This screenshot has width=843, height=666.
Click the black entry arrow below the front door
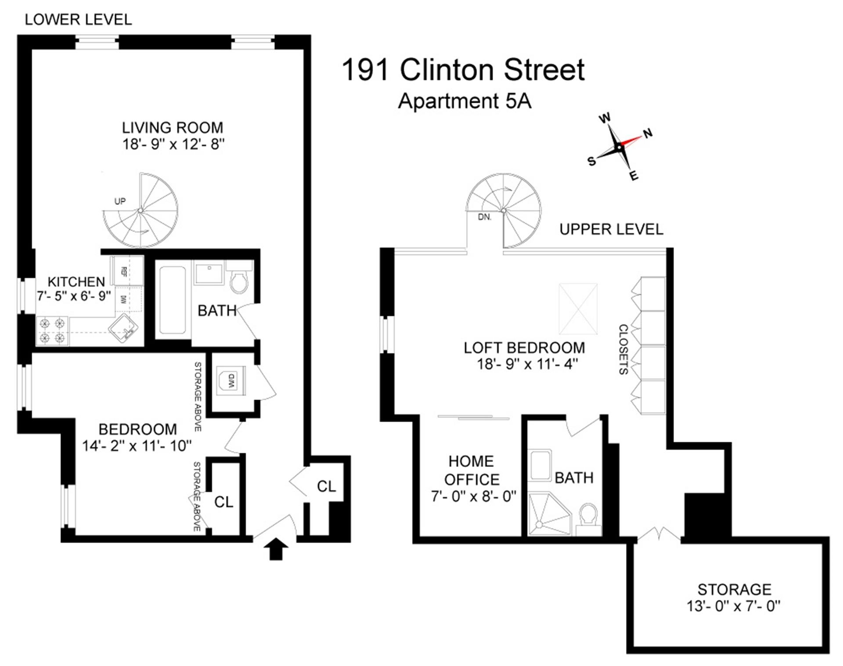[276, 550]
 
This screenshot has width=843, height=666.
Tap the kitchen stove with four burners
[52, 331]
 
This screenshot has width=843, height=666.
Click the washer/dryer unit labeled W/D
[231, 380]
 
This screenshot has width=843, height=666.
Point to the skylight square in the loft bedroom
[578, 309]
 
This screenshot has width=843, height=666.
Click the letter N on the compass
[648, 133]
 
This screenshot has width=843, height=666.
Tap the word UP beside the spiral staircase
[120, 201]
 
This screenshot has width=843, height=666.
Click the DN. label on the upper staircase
[485, 217]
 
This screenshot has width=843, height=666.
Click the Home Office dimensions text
[473, 496]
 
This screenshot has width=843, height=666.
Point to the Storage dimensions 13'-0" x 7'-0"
[734, 606]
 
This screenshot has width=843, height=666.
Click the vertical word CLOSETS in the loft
[623, 349]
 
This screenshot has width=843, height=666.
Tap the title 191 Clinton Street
[463, 70]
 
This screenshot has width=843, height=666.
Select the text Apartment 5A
[465, 101]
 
